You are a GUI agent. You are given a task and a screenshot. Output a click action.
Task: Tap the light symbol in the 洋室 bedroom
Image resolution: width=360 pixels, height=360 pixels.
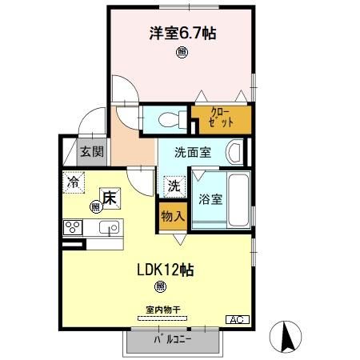(182, 54)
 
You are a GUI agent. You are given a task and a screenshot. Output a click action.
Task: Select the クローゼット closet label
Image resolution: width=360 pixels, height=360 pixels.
(222, 119)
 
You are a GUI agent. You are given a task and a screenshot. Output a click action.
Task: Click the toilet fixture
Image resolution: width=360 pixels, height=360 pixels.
(170, 120)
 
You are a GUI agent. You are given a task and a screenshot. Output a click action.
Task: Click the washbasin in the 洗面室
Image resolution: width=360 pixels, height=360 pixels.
(234, 151)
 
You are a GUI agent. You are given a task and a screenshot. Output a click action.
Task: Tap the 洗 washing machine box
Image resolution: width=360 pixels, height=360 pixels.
(173, 186)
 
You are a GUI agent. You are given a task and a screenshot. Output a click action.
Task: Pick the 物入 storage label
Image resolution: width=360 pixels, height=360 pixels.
(172, 216)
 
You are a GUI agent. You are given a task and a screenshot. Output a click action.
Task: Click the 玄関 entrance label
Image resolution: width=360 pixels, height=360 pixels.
(90, 151)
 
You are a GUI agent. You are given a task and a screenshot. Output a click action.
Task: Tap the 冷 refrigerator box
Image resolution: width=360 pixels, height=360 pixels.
(74, 181)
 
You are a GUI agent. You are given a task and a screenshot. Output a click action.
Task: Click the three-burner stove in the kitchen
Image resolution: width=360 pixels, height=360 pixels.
(74, 227)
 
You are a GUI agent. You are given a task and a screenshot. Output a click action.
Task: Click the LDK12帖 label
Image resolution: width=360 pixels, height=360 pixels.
(164, 269)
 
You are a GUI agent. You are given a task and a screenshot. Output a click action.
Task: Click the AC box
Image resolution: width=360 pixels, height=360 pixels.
(237, 320)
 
